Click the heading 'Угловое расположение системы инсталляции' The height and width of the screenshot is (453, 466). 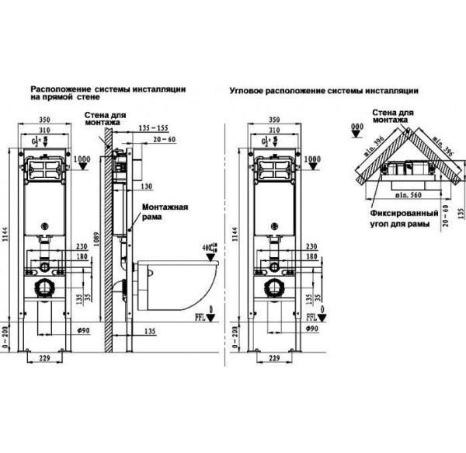tap(324, 90)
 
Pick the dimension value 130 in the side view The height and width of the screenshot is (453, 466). tap(148, 186)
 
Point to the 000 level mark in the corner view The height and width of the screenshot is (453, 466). tap(356, 126)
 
